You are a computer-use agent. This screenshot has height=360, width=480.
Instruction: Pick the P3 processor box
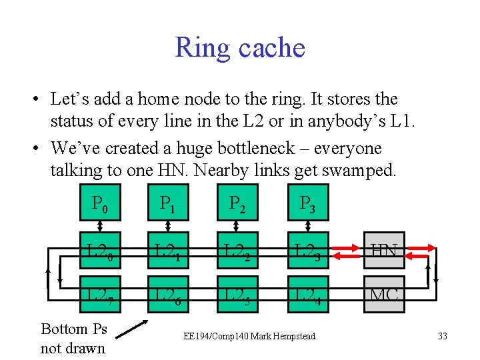pos(306,202)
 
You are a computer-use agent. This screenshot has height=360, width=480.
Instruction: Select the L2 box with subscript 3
pos(306,251)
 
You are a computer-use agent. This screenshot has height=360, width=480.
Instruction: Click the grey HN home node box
pos(384,251)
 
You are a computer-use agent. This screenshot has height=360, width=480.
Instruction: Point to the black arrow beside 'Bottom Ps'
pos(135,330)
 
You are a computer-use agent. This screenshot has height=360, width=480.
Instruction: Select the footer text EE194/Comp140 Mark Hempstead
pos(249,336)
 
